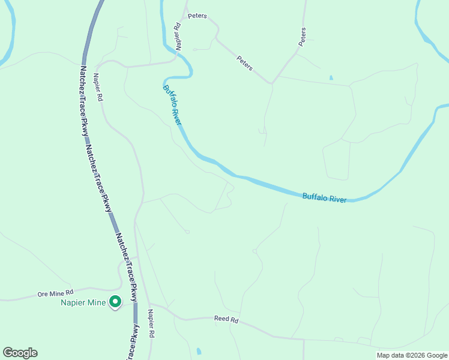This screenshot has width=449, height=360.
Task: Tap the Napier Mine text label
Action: click(83, 302)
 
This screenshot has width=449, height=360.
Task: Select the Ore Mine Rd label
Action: click(55, 294)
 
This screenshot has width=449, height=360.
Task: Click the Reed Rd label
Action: click(226, 320)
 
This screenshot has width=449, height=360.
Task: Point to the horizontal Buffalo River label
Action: click(324, 197)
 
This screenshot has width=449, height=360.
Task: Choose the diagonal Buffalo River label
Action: click(172, 104)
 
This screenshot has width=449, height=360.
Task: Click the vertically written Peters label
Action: click(303, 37)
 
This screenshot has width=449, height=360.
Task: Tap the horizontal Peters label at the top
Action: click(197, 16)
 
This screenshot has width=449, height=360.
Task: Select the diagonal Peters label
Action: click(245, 63)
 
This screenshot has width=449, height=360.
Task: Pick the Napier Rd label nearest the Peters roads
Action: click(178, 36)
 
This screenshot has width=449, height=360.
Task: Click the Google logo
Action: click(20, 353)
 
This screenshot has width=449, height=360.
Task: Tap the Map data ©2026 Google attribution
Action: click(412, 355)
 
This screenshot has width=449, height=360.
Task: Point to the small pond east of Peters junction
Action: click(331, 78)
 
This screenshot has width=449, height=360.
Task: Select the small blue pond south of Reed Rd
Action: click(199, 351)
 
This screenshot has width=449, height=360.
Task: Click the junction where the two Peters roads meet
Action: click(272, 83)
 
